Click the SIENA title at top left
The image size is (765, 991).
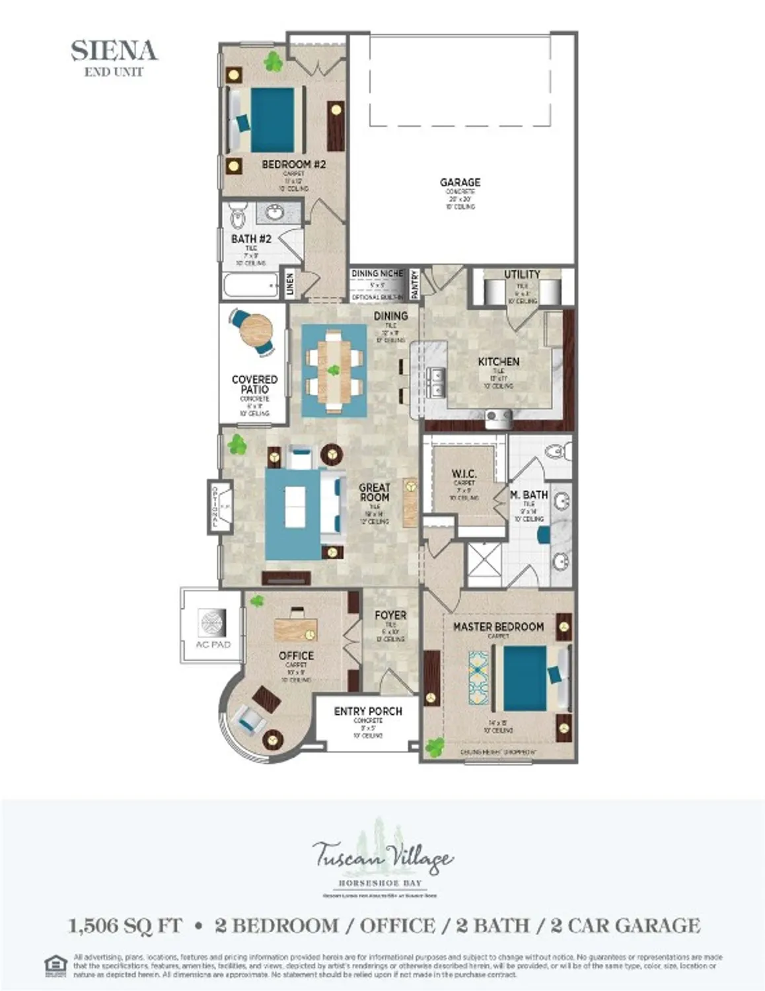[114, 51]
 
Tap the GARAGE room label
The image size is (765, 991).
[460, 182]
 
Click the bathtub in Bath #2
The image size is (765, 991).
[252, 287]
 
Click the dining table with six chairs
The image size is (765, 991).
[334, 371]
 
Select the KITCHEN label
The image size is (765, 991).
[498, 361]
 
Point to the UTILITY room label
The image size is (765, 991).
[522, 274]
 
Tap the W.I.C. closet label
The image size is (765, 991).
[464, 474]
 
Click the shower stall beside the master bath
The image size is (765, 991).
[484, 566]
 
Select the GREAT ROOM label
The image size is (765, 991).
[374, 492]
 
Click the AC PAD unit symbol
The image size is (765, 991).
[213, 622]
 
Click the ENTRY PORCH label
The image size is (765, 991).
[368, 711]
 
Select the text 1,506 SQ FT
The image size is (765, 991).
[125, 926]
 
